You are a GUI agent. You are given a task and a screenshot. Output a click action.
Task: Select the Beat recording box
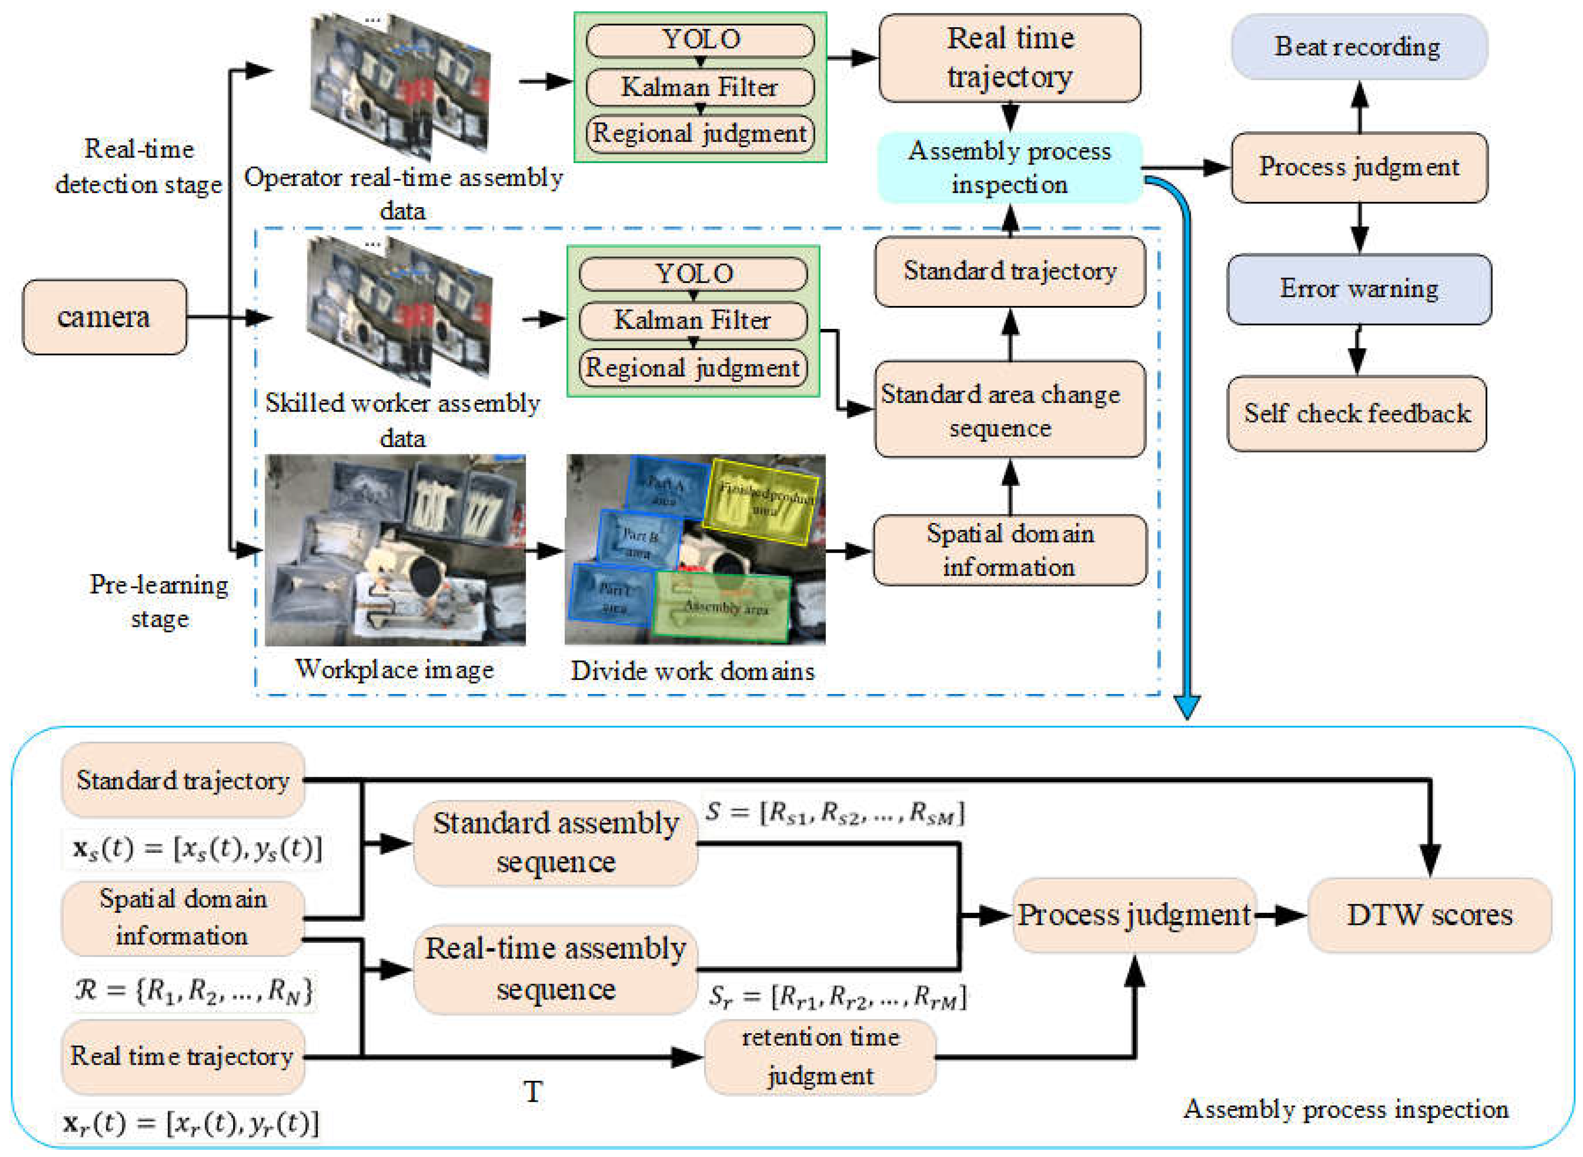(x=1358, y=47)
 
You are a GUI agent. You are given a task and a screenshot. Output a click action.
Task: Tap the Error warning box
(x=1358, y=289)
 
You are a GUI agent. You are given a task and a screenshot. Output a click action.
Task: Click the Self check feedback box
(x=1357, y=413)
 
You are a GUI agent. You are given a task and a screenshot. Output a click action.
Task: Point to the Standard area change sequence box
(x=1010, y=410)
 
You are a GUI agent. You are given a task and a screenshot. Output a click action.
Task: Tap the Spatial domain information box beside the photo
(x=1010, y=551)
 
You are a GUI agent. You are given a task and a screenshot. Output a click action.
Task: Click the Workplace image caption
(x=394, y=669)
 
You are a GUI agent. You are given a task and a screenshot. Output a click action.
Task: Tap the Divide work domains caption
(x=693, y=671)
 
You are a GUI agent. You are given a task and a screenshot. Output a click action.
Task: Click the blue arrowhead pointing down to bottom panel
(x=1187, y=707)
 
